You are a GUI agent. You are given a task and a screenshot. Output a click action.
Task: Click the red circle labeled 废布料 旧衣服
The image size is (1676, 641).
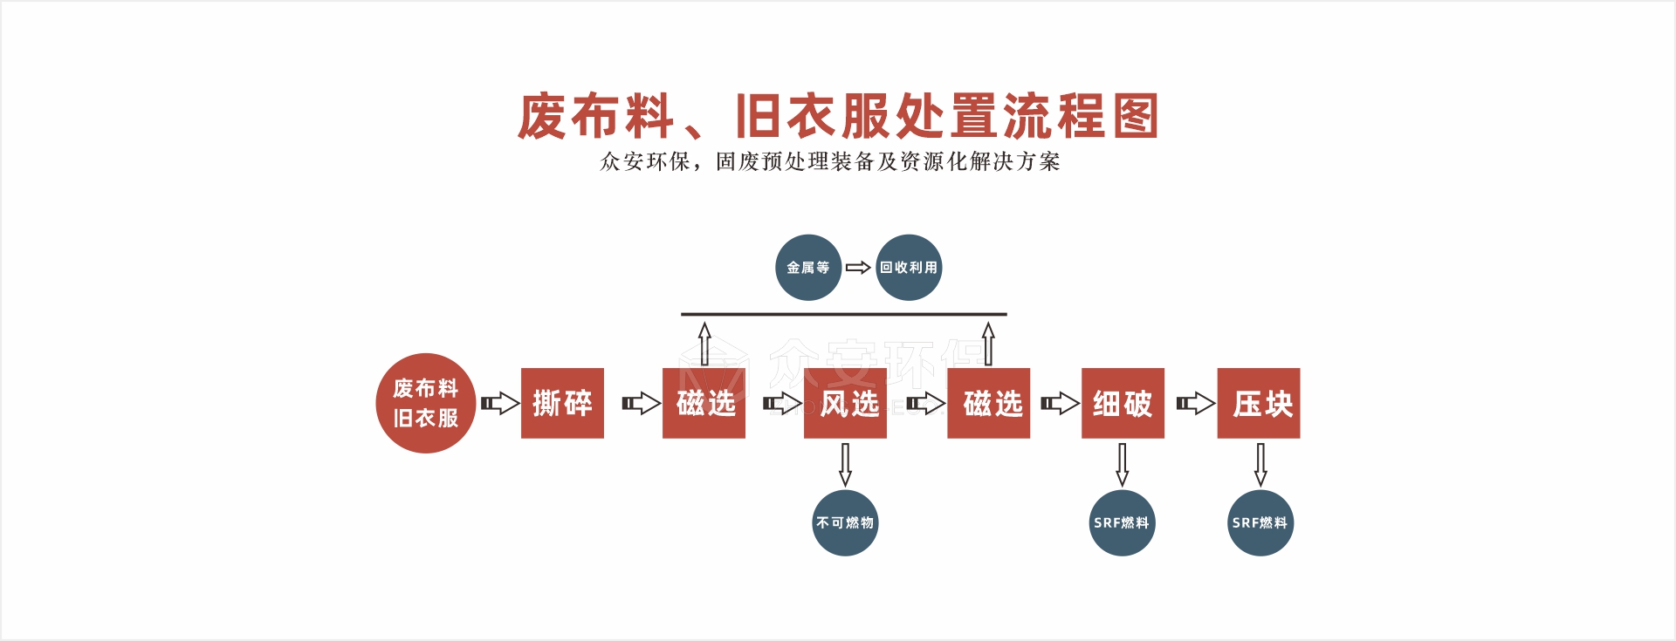pyautogui.click(x=425, y=403)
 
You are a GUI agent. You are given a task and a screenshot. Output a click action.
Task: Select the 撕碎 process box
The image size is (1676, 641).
pyautogui.click(x=562, y=403)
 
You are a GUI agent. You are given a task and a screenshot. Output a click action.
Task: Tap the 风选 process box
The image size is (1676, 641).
pyautogui.click(x=845, y=403)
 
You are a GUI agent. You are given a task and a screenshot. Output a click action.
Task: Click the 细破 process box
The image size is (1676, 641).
pyautogui.click(x=1123, y=403)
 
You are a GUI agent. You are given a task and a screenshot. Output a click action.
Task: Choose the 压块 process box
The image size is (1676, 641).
pyautogui.click(x=1259, y=403)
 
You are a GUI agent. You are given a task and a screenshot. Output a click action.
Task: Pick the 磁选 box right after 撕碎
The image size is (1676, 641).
pyautogui.click(x=704, y=403)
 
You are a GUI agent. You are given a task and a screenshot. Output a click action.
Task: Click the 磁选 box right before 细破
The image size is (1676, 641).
pyautogui.click(x=988, y=403)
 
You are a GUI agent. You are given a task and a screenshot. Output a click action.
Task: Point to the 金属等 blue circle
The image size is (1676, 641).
pyautogui.click(x=808, y=268)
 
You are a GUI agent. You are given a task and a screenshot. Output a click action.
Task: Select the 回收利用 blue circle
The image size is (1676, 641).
pyautogui.click(x=909, y=268)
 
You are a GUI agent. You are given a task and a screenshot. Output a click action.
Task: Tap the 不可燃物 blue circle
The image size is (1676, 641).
pyautogui.click(x=845, y=522)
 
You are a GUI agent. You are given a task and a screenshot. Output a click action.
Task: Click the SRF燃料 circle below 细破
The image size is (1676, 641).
pyautogui.click(x=1123, y=522)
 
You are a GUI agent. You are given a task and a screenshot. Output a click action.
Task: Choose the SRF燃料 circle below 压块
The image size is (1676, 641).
pyautogui.click(x=1260, y=522)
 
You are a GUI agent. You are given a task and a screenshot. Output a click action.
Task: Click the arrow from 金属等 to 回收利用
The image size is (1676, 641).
pyautogui.click(x=858, y=268)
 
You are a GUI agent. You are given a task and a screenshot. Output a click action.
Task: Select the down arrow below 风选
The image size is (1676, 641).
pyautogui.click(x=845, y=464)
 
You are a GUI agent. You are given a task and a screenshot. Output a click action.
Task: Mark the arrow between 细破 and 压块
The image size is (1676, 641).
pyautogui.click(x=1195, y=403)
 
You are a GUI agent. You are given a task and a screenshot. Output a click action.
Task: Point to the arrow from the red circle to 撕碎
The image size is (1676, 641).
pyautogui.click(x=500, y=404)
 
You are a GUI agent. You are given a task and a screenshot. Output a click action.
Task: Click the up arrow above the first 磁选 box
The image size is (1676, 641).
pyautogui.click(x=704, y=344)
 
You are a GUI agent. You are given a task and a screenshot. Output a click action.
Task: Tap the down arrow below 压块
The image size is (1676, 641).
pyautogui.click(x=1260, y=464)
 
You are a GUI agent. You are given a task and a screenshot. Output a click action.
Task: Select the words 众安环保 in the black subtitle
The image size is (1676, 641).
pyautogui.click(x=644, y=161)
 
